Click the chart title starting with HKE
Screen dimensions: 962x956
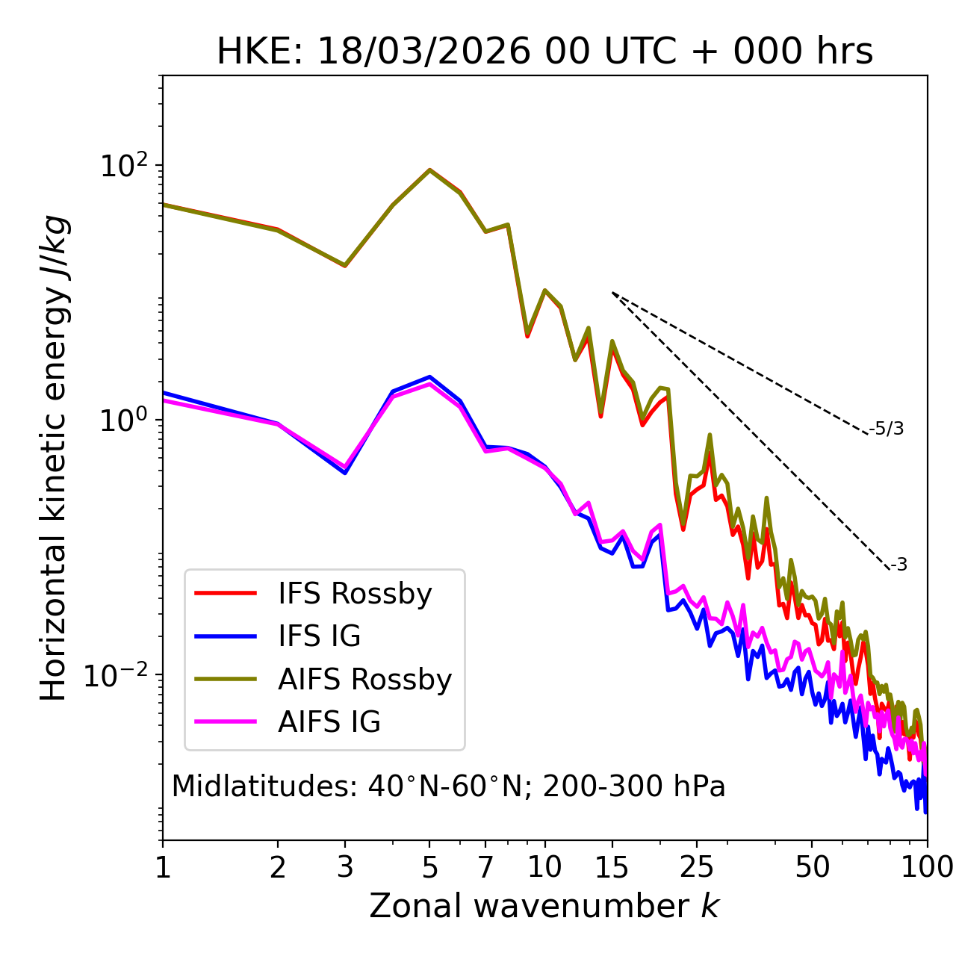point(544,52)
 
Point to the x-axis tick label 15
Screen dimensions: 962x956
point(612,867)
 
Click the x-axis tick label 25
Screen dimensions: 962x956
point(697,867)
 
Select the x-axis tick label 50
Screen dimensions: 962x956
point(812,867)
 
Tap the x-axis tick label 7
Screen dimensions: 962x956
point(485,867)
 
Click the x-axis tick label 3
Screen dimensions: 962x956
point(344,867)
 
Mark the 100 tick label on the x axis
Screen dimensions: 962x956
point(927,867)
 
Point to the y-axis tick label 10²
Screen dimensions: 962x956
point(124,165)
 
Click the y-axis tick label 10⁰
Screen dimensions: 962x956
point(124,420)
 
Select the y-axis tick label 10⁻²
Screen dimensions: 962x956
point(119,675)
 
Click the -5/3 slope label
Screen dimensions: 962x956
point(887,429)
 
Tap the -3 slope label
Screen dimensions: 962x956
point(898,565)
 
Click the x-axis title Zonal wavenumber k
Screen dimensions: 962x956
point(544,906)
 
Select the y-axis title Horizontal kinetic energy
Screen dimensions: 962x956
point(54,458)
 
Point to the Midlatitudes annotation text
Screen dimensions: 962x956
point(448,786)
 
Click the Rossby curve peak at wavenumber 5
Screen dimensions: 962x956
point(429,170)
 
